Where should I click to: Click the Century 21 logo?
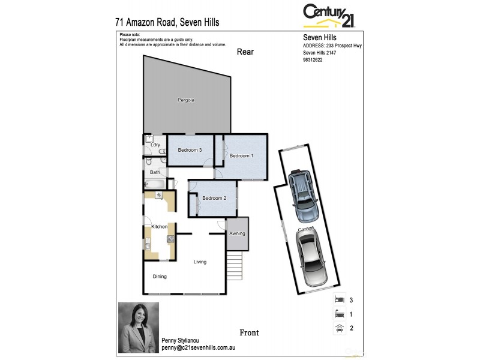[x=329, y=16]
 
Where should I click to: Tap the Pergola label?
[x=186, y=100]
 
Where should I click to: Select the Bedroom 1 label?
[x=241, y=156]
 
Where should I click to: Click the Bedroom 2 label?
[x=214, y=199]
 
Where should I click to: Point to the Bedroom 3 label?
[x=189, y=150]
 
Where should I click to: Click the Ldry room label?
[x=155, y=145]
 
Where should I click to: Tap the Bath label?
[x=155, y=172]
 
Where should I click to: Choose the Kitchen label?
[x=159, y=226]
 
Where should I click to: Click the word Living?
[x=200, y=262]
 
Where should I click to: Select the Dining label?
[x=160, y=277]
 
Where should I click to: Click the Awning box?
[x=237, y=233]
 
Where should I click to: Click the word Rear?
[x=245, y=52]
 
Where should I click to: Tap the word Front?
[x=249, y=332]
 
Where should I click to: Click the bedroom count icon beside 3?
[x=338, y=299]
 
